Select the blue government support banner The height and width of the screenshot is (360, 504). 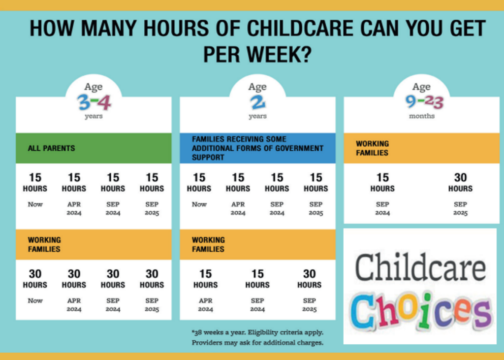(x=257, y=148)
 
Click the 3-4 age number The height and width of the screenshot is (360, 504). (x=94, y=102)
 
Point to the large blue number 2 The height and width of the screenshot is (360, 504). (x=257, y=102)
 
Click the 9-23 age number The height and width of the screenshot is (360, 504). (x=422, y=102)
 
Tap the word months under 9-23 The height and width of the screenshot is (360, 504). (x=422, y=116)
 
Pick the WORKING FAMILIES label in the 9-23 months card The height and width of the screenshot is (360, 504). (x=372, y=148)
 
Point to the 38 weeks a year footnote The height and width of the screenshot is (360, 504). (x=257, y=332)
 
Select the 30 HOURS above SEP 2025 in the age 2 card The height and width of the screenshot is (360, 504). (x=309, y=278)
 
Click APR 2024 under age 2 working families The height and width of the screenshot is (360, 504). (x=205, y=305)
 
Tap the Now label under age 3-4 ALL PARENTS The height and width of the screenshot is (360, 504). (x=35, y=204)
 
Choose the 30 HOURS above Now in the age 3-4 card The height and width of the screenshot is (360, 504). (x=35, y=278)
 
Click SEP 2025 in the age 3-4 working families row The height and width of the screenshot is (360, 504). (x=152, y=305)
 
